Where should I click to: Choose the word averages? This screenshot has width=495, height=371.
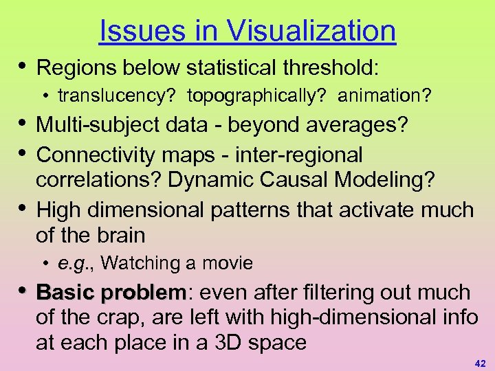pos(358,126)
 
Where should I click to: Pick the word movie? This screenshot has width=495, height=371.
pos(229,263)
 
